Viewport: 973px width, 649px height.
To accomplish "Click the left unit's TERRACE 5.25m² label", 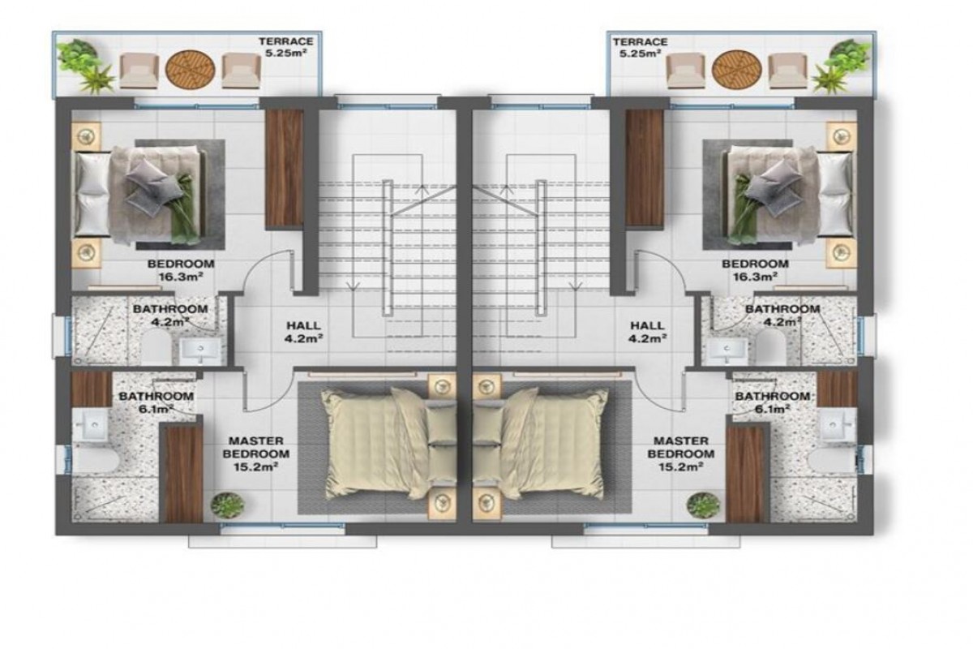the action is click(285, 47).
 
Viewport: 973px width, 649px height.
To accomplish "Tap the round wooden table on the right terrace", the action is click(736, 70).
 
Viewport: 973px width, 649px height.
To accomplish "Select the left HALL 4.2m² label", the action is click(303, 332).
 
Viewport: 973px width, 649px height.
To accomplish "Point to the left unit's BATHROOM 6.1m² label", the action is click(156, 402).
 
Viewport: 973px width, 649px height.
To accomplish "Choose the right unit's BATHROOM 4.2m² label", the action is click(782, 315).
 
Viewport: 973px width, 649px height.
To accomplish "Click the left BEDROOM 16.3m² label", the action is click(181, 270).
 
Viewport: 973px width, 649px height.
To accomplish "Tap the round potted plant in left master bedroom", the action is click(227, 505).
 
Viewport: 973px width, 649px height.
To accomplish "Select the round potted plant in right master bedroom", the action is click(703, 505).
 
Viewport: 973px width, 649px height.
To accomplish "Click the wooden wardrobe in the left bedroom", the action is click(285, 168).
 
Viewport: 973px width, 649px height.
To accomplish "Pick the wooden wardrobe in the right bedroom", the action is click(644, 168).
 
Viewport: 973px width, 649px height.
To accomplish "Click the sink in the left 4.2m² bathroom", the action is click(200, 350).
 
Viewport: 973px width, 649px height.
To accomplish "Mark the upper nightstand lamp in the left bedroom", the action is click(86, 136).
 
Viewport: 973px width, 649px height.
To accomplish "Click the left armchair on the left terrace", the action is click(139, 71).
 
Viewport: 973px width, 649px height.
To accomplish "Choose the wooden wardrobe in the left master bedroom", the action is click(183, 475).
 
